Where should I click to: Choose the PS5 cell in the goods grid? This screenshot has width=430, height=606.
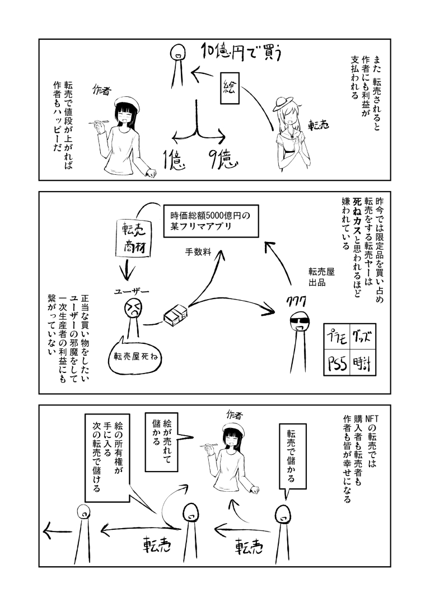coord(338,365)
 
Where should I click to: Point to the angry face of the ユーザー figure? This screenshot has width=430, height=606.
coord(133,307)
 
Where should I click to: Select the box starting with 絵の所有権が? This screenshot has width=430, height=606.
coord(106,456)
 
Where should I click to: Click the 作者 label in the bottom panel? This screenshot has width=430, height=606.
coord(234,414)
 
